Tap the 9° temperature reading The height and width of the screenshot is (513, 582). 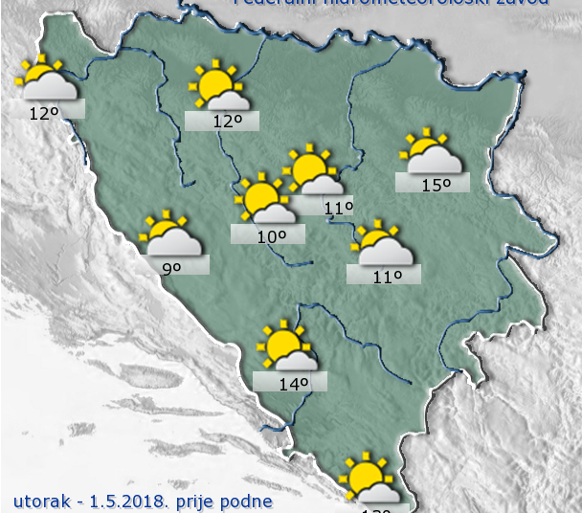(171, 269)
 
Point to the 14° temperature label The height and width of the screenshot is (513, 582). (293, 384)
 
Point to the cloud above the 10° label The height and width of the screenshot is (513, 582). (277, 213)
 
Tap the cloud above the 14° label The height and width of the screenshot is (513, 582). (299, 361)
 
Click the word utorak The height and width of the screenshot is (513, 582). (39, 501)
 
